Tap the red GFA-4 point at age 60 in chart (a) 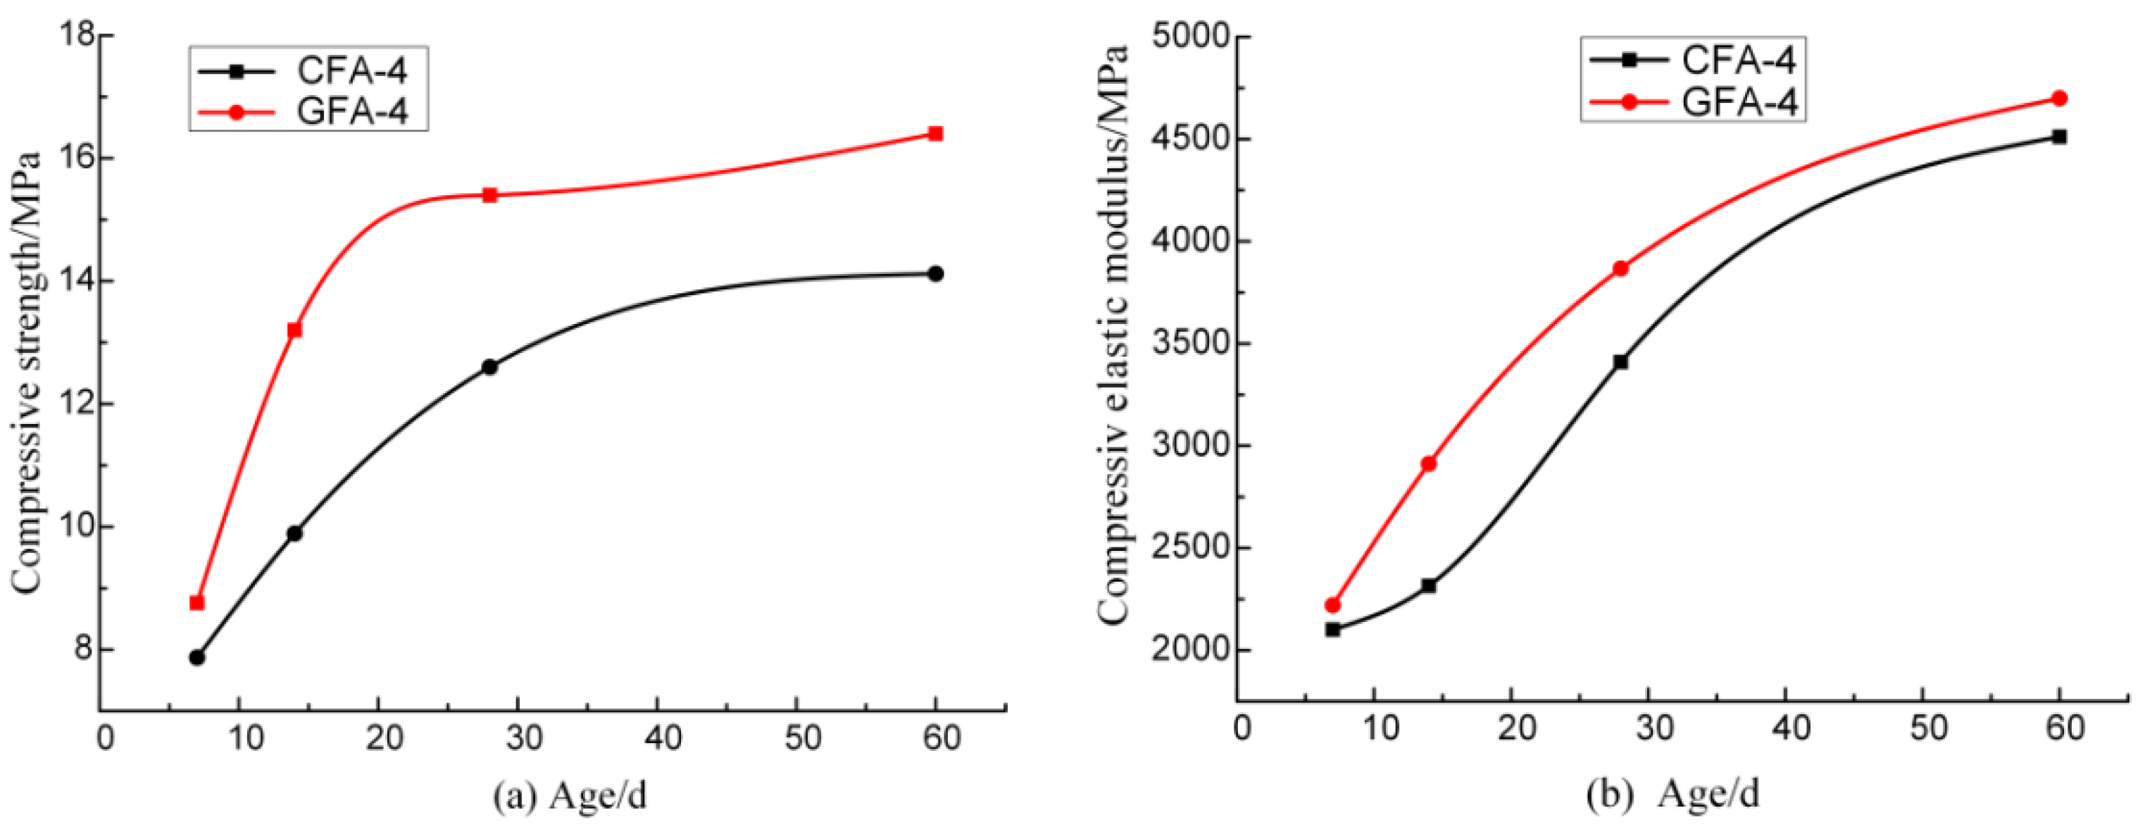pyautogui.click(x=935, y=133)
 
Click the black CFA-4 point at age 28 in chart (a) pyautogui.click(x=489, y=366)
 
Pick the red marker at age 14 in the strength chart pyautogui.click(x=294, y=330)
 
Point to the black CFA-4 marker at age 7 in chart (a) pyautogui.click(x=197, y=657)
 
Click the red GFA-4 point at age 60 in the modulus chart pyautogui.click(x=2059, y=99)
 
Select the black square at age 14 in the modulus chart pyautogui.click(x=1429, y=585)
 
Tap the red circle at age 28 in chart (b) pyautogui.click(x=1620, y=268)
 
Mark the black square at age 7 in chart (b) pyautogui.click(x=1333, y=630)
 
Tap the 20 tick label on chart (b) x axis pyautogui.click(x=1517, y=728)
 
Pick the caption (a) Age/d pyautogui.click(x=570, y=795)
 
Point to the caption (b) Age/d pyautogui.click(x=1674, y=793)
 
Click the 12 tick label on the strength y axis pyautogui.click(x=76, y=404)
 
